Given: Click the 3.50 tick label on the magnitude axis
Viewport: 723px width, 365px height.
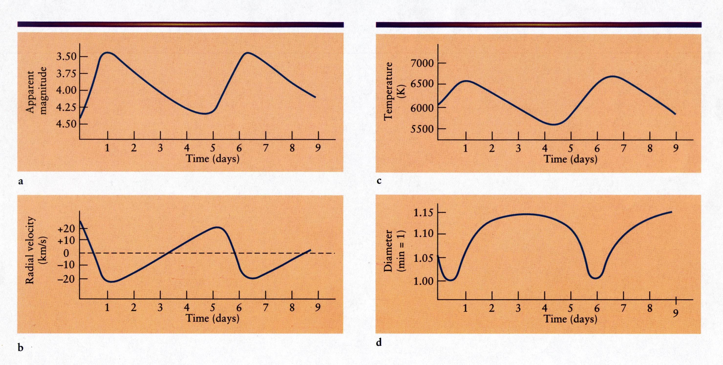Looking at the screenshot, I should coord(66,57).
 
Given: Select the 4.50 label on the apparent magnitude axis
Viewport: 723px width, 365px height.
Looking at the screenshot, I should coord(66,124).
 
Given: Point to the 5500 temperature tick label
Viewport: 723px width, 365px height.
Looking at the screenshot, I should coord(422,129).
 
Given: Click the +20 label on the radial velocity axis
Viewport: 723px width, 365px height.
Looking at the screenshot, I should coord(66,228).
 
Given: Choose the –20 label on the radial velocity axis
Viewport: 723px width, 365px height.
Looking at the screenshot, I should coord(66,279).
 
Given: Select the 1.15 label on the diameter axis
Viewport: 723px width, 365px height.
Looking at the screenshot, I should coord(423,213).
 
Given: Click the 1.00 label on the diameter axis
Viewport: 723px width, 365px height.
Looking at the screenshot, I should coord(423,281).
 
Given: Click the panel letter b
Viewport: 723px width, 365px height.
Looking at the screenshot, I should coord(21,348).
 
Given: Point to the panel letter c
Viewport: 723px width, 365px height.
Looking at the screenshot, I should coord(379,181).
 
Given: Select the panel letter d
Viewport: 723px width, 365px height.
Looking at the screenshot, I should coord(379,343).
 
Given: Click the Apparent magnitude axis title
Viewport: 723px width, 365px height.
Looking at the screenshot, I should coord(36,91).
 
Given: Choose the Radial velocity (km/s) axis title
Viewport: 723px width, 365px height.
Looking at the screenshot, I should coord(36,250).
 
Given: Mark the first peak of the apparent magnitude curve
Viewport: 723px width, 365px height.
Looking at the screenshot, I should coord(108,53).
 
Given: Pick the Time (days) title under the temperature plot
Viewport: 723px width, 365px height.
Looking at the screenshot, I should coord(571,159).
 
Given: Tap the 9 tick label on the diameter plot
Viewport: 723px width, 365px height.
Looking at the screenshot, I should coord(676,313).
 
